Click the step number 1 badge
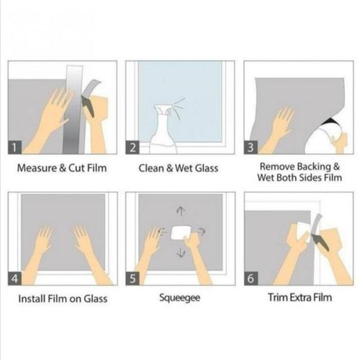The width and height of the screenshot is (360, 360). pyautogui.click(x=15, y=147)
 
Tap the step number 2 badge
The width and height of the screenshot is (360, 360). pyautogui.click(x=133, y=147)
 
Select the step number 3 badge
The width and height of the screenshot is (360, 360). pyautogui.click(x=251, y=147)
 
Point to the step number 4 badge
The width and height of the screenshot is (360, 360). pyautogui.click(x=15, y=278)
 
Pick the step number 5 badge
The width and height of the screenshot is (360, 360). pyautogui.click(x=133, y=278)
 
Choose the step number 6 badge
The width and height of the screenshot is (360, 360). pyautogui.click(x=251, y=278)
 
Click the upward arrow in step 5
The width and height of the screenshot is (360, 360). pyautogui.click(x=180, y=211)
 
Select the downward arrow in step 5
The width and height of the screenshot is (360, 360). pyautogui.click(x=181, y=253)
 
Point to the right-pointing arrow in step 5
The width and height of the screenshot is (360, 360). pyautogui.click(x=201, y=231)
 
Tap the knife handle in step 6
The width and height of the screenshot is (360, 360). pyautogui.click(x=320, y=242)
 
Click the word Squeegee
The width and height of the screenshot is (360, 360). pyautogui.click(x=180, y=298)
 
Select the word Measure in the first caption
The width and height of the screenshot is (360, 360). pyautogui.click(x=37, y=168)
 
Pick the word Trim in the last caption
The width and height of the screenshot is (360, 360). pyautogui.click(x=278, y=297)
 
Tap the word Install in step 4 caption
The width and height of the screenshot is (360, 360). pyautogui.click(x=31, y=299)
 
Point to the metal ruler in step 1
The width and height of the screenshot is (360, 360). pyautogui.click(x=74, y=110)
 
